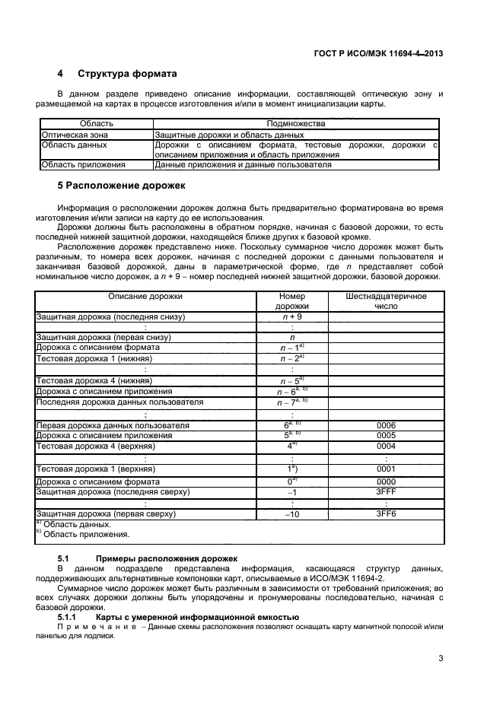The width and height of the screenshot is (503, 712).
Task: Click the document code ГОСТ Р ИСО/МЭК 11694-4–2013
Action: (x=378, y=53)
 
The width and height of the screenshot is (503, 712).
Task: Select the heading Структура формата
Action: (x=127, y=74)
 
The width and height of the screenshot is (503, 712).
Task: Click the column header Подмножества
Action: (x=296, y=123)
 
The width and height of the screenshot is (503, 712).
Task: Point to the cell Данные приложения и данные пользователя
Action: (x=243, y=164)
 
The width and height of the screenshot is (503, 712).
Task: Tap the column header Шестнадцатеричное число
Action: (x=386, y=300)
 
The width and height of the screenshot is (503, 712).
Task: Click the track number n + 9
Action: (x=292, y=316)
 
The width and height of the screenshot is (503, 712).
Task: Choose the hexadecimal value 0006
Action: (x=386, y=425)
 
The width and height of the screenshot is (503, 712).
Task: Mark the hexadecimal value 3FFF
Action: (x=386, y=493)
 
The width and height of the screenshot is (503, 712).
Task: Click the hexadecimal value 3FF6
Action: (x=386, y=515)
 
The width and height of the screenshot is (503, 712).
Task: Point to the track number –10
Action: (x=292, y=515)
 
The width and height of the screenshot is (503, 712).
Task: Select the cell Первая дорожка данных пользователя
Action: (x=113, y=425)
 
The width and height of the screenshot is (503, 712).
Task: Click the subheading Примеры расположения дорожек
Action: (x=156, y=559)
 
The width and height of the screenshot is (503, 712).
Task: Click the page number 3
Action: (x=441, y=659)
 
